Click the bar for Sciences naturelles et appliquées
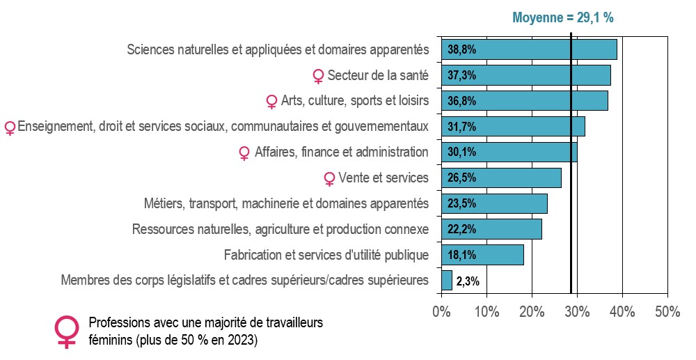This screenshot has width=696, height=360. (529, 49)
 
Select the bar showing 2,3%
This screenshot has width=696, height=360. (447, 281)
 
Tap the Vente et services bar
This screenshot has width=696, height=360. (501, 178)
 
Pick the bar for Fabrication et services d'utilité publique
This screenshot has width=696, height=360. (482, 255)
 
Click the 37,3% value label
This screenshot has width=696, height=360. (461, 75)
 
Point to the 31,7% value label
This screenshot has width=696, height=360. (461, 127)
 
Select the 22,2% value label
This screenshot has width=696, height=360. (461, 230)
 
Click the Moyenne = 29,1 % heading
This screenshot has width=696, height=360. (563, 17)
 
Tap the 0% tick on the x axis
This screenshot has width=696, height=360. (442, 312)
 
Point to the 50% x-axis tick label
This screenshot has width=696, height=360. (667, 312)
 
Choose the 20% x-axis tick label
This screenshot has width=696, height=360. (532, 312)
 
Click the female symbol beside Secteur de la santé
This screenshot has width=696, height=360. (318, 77)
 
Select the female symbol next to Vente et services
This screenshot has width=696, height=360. (329, 179)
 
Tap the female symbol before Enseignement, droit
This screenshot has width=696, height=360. (10, 128)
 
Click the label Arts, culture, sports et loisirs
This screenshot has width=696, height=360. (355, 101)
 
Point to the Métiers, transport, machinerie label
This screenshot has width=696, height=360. (286, 204)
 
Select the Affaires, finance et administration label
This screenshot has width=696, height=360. (341, 152)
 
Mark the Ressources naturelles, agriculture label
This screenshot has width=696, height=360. (280, 229)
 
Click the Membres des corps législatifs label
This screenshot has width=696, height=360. (244, 280)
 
